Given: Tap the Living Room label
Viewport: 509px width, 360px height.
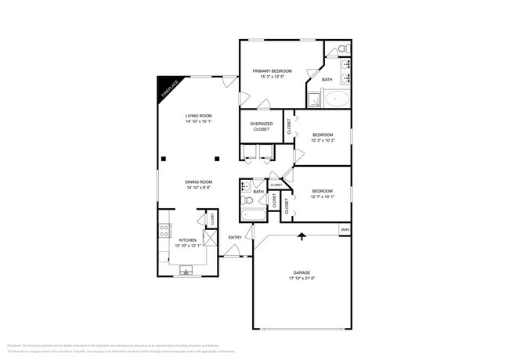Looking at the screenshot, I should coord(199,116).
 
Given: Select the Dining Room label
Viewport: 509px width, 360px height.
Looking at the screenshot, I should coord(199,182).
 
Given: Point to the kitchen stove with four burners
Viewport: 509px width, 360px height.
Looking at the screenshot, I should coord(164,230).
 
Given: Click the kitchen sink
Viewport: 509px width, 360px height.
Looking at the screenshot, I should coord(186,272).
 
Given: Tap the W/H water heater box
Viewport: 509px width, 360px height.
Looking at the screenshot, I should coord(345,229).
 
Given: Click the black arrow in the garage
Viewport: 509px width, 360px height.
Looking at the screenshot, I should coord(301,235).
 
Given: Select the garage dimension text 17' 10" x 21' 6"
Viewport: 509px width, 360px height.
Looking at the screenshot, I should coord(301,279).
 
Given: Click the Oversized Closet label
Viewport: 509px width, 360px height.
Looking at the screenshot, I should coord(261,127).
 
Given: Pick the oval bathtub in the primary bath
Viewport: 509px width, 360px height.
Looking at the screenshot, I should coord(338,99).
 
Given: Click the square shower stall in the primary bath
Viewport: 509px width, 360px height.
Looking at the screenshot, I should coord(312,99).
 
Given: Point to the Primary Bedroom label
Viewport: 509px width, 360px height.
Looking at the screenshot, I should coord(273,71).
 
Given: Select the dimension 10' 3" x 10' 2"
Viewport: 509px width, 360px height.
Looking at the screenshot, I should coord(323,141).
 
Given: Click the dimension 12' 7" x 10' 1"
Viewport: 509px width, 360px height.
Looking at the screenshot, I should coord(323,196).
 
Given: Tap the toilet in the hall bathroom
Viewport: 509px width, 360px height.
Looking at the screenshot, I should coord(245,199).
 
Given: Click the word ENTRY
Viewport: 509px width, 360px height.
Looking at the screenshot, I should coord(235,237).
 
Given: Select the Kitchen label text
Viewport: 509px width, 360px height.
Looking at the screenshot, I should coord(187,239).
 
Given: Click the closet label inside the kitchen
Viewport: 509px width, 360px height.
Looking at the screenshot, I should coord(211,220).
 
